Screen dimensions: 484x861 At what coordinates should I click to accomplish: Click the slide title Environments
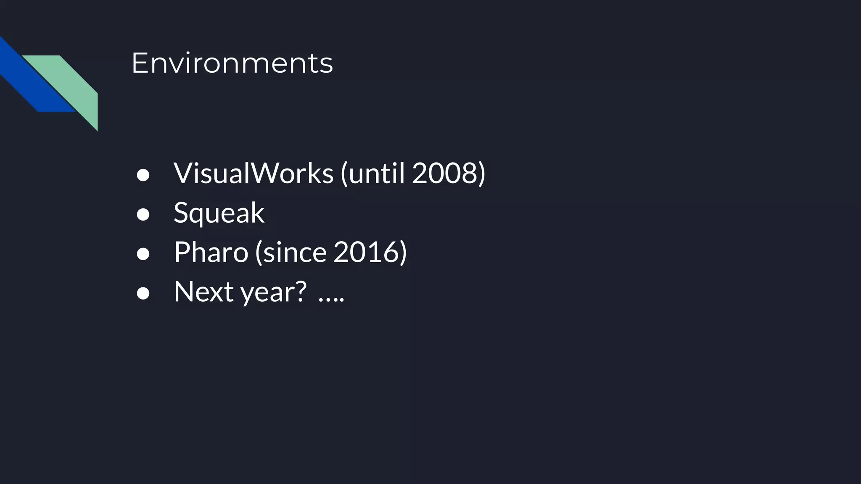pyautogui.click(x=232, y=63)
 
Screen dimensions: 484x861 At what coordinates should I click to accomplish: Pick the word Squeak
pyautogui.click(x=219, y=213)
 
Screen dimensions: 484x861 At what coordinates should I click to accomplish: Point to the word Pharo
pyautogui.click(x=211, y=252)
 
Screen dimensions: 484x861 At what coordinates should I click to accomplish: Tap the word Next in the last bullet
pyautogui.click(x=203, y=291)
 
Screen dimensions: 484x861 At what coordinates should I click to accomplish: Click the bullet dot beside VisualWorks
pyautogui.click(x=143, y=175)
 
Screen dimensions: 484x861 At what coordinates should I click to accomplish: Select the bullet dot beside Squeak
pyautogui.click(x=143, y=215)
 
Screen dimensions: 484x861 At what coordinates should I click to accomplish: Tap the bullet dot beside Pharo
pyautogui.click(x=143, y=254)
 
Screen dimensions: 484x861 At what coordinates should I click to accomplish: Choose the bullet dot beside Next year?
pyautogui.click(x=143, y=294)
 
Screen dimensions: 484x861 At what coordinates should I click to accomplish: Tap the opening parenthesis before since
pyautogui.click(x=259, y=253)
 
